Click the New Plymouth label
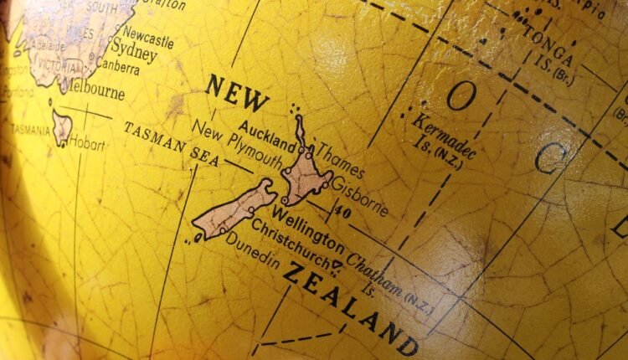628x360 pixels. [237, 143]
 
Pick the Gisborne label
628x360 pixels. [360, 194]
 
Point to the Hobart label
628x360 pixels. [89, 144]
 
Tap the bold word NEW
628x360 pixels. [238, 93]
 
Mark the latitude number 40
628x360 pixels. [341, 213]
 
